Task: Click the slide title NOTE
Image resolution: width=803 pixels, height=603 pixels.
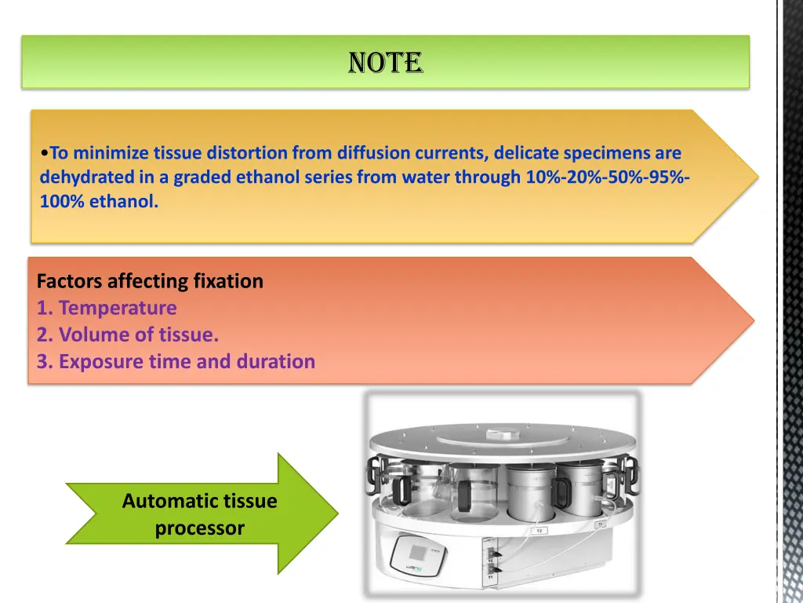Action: pos(386,62)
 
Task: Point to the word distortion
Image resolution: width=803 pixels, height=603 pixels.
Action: pos(252,153)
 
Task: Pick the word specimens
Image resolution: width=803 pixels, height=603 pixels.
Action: pos(615,153)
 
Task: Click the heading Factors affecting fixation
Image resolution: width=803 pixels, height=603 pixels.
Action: pos(150,281)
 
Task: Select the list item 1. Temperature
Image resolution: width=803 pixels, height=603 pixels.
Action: pos(107,308)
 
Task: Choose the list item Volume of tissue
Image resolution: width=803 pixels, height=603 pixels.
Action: pos(128,334)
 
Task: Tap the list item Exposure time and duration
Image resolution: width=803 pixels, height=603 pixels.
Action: pos(176,361)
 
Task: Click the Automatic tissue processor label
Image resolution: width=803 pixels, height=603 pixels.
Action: pos(199,514)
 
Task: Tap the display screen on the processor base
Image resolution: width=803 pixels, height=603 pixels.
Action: pos(416,552)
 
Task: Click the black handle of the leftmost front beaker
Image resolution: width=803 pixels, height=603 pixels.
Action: pos(401,491)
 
